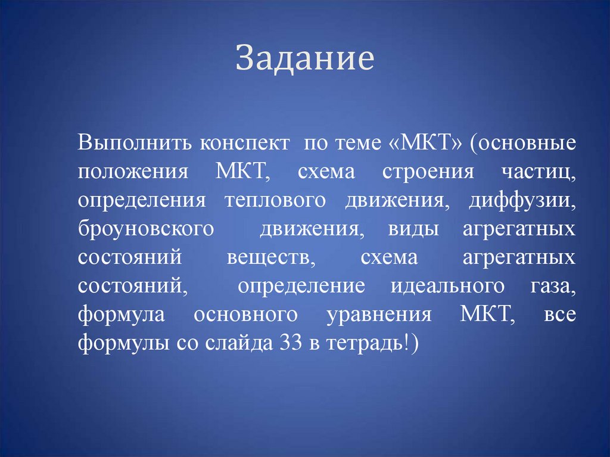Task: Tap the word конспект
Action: pos(245,144)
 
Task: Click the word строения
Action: pos(428,173)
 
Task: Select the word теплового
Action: pos(275,201)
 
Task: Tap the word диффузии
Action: pos(522,201)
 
